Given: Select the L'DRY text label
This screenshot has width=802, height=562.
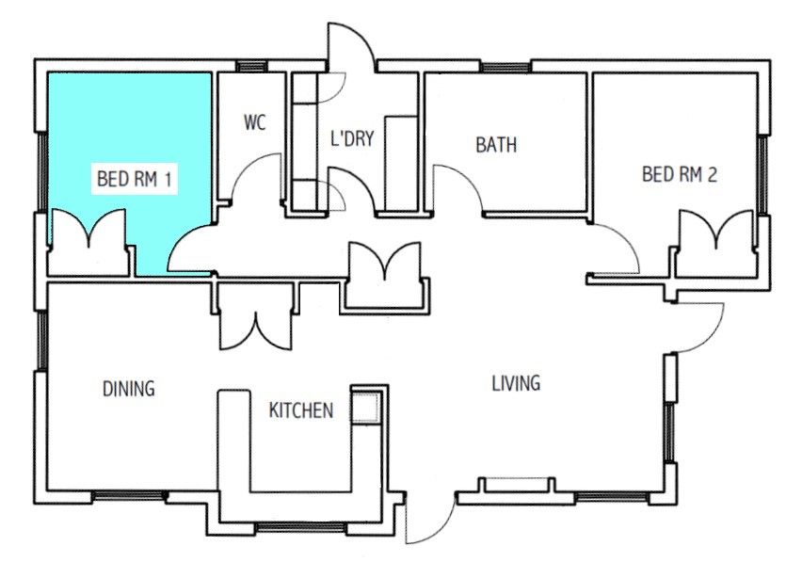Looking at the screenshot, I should point(352,139).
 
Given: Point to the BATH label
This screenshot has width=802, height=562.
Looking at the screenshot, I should point(495,146).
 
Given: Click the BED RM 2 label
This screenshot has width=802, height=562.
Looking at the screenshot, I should point(680,174).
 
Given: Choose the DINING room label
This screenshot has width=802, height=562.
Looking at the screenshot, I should point(128,388).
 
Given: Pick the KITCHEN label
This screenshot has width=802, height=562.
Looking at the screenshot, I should point(301,410).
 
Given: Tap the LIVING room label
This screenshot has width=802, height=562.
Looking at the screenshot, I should point(516,383).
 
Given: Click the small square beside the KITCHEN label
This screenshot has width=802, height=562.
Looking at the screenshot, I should point(364,408).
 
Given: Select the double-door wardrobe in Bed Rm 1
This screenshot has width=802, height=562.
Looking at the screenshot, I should point(87,242).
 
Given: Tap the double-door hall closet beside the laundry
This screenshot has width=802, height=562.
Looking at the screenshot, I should point(386,273).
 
